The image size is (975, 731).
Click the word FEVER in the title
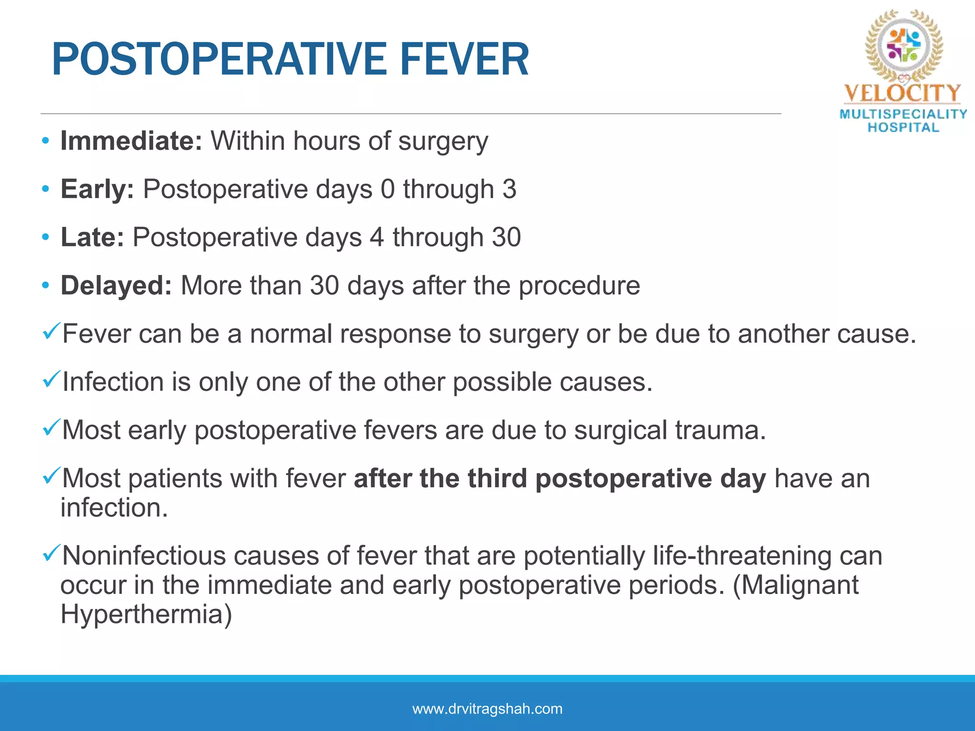[464, 59]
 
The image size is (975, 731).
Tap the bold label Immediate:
[131, 141]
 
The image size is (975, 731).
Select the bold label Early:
[97, 189]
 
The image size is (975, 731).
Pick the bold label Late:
[92, 237]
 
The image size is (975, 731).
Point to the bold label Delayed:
[116, 286]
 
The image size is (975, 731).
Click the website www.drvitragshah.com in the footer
[487, 709]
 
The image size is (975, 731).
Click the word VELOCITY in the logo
[903, 93]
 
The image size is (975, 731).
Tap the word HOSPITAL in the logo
[903, 128]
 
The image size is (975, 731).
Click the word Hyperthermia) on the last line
[146, 614]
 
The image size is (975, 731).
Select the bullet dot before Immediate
[45, 141]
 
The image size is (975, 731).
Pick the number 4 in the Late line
[377, 237]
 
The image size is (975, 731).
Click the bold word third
[497, 478]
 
